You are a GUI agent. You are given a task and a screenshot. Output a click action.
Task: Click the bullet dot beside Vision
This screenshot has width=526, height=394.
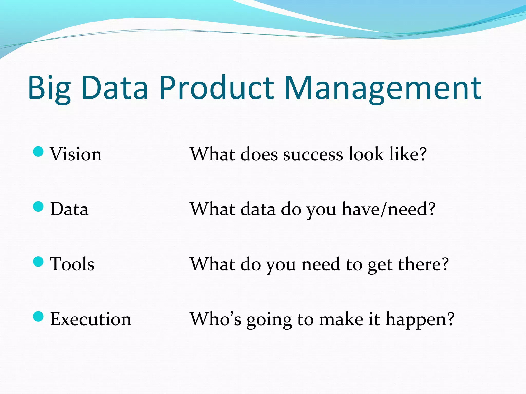(x=39, y=151)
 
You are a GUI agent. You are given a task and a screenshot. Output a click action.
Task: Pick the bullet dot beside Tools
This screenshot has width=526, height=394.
(x=39, y=261)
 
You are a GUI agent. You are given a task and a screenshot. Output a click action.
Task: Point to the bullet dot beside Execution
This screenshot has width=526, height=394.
(x=39, y=316)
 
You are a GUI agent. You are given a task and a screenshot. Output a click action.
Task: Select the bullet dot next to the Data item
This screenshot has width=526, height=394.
(x=39, y=206)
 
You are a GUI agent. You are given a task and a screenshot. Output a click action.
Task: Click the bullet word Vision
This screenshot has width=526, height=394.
(x=76, y=154)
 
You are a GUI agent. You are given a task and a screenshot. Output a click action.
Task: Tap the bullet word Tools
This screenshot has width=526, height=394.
(x=72, y=264)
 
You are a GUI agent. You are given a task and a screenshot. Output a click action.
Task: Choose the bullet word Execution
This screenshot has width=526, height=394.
(x=91, y=319)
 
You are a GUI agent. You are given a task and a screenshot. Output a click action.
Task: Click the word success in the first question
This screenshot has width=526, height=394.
(x=313, y=155)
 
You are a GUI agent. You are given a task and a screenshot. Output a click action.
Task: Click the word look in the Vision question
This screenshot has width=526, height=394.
(x=366, y=154)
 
